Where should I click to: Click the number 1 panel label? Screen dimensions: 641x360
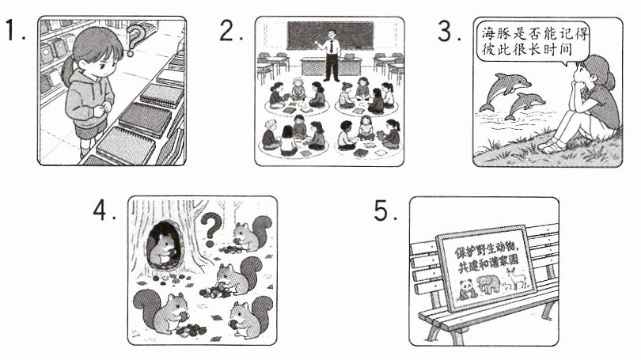(16, 30)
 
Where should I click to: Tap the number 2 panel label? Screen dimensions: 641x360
(230, 30)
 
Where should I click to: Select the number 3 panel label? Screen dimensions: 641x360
(449, 31)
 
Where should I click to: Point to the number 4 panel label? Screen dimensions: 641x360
(104, 210)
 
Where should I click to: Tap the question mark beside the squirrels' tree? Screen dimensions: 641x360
(211, 229)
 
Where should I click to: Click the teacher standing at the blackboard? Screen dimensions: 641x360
(332, 55)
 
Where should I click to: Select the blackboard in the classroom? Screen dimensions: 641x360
(330, 36)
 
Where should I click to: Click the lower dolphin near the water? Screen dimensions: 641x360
(524, 105)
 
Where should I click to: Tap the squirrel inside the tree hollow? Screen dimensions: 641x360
(163, 249)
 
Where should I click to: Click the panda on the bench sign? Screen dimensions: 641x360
(466, 290)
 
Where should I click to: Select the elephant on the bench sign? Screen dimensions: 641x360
(489, 283)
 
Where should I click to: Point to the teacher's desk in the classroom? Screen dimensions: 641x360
(331, 66)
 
